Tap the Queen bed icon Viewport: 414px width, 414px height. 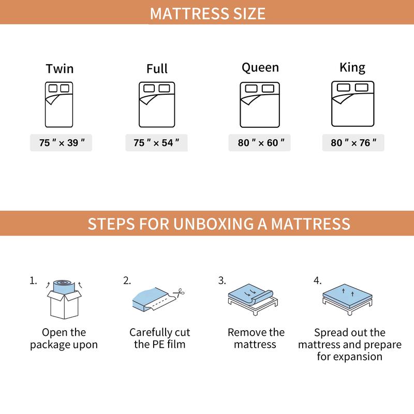259,105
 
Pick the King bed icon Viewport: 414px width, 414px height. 352,104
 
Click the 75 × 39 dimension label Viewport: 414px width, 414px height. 61,143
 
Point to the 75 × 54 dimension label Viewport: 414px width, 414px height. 156,143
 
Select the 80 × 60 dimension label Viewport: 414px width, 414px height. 260,143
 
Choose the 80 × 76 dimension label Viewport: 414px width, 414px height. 353,143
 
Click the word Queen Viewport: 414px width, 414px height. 260,67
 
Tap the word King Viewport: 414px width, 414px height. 352,67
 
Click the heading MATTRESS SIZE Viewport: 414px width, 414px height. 208,13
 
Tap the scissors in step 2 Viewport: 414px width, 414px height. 180,292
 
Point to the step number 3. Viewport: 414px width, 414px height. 222,281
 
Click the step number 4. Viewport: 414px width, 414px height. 317,281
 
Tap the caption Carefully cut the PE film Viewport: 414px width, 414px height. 160,338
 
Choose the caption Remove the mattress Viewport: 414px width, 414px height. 256,338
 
